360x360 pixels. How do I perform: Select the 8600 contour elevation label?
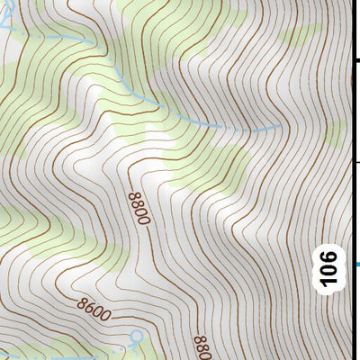(94, 313)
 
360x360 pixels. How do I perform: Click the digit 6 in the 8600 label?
(88, 311)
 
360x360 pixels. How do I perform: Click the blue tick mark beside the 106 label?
(355, 264)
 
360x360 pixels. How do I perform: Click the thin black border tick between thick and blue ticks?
(355, 162)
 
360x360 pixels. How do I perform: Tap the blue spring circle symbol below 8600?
(136, 337)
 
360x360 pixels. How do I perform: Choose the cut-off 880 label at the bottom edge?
(201, 346)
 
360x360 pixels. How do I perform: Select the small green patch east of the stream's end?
(334, 135)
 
